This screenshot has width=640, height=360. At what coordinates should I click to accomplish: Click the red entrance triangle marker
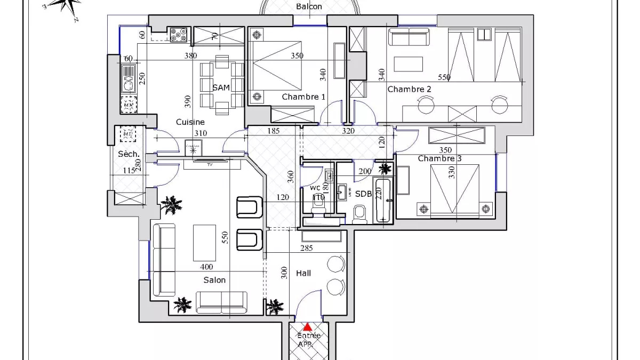click(x=308, y=327)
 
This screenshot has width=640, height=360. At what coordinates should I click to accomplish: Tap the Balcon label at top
click(x=309, y=6)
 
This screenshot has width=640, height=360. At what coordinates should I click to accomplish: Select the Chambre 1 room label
click(x=303, y=97)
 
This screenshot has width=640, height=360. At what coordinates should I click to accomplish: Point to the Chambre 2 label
click(x=409, y=89)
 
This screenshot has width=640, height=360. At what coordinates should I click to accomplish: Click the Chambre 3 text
click(x=436, y=158)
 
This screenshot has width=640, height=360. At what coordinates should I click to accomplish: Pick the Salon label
click(x=214, y=280)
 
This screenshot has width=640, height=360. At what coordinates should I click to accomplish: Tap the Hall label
click(x=303, y=273)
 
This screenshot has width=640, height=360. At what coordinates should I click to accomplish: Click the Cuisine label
click(x=190, y=122)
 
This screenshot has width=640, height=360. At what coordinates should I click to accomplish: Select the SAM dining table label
click(x=221, y=87)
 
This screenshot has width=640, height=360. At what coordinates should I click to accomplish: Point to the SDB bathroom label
click(x=363, y=194)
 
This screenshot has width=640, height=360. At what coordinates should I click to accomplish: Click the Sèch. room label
click(x=129, y=154)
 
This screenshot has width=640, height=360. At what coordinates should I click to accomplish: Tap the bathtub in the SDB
click(x=383, y=200)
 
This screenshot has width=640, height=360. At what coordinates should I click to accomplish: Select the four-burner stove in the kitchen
click(x=178, y=35)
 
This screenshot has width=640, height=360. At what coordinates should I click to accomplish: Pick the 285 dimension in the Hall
click(x=306, y=248)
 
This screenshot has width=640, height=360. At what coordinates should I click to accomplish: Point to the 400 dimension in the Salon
click(x=206, y=267)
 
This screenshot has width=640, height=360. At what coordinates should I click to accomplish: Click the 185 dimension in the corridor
click(x=274, y=131)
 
